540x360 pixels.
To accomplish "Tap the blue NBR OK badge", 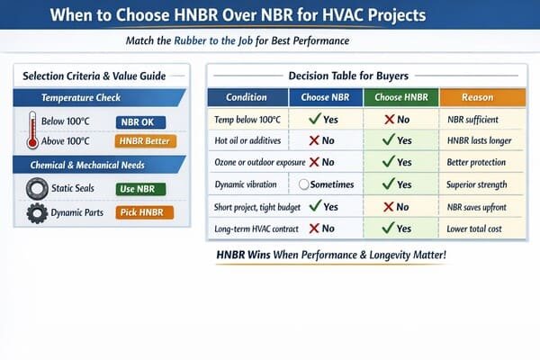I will [140, 121].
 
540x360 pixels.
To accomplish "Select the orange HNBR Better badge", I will [144, 141].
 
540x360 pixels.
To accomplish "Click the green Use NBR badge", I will [140, 189].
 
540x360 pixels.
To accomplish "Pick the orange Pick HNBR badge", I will [144, 213].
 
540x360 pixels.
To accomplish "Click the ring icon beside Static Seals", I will [37, 189].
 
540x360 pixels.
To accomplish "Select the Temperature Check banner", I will [99, 97].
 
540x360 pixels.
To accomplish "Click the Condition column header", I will [246, 97].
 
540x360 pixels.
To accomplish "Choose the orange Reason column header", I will [476, 97].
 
